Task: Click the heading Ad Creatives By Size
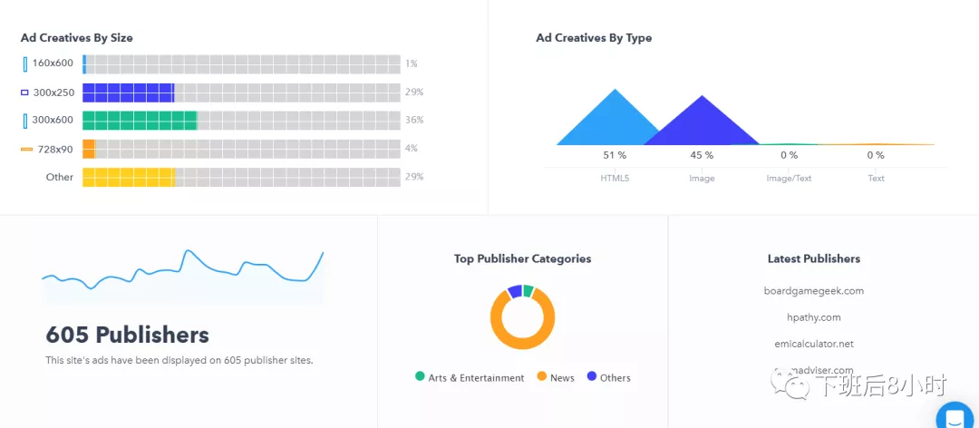77,38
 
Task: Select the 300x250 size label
53,92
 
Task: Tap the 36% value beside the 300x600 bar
414,120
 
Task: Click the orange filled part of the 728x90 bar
89,149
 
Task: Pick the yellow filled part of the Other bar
128,177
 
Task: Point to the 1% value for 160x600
412,63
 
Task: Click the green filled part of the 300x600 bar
139,121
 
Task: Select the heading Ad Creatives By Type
594,38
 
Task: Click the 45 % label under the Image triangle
702,155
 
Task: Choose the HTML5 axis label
615,179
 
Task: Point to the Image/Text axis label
789,179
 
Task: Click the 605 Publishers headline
128,336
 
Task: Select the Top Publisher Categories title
522,258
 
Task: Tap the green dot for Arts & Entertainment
420,376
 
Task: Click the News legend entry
562,378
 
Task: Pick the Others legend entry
615,378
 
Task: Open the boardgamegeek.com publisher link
814,291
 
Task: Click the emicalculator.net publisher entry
814,344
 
